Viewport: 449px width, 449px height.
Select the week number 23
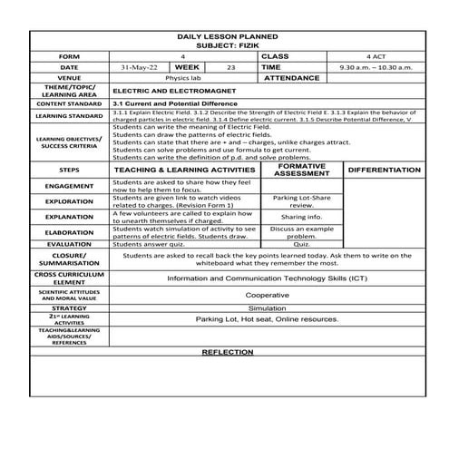click(x=230, y=67)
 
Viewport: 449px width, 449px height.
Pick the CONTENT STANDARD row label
click(x=68, y=105)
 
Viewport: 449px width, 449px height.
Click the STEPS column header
click(x=68, y=170)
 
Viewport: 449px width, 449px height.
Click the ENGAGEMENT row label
click(x=68, y=185)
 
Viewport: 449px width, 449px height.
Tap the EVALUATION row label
click(x=68, y=243)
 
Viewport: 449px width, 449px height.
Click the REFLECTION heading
click(x=227, y=351)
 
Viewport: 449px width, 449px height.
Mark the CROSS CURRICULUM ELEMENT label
click(x=68, y=278)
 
